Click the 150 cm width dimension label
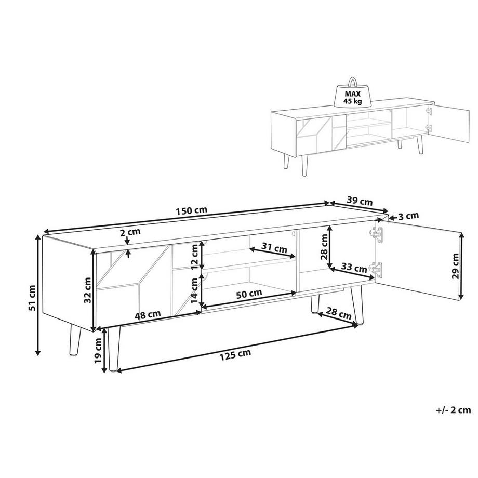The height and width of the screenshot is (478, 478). tap(191, 210)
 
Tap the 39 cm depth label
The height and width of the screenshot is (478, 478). tap(360, 202)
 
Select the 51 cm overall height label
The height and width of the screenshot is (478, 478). tap(32, 298)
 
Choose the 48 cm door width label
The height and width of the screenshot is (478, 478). tap(148, 315)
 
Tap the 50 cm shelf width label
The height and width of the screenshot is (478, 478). tap(249, 294)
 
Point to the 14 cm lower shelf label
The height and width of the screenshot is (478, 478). tap(194, 291)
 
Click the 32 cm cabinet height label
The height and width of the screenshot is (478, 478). tap(88, 290)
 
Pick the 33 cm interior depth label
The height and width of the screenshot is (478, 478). tap(354, 268)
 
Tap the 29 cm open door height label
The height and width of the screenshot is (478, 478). tap(456, 266)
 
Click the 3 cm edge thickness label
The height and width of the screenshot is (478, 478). tap(408, 216)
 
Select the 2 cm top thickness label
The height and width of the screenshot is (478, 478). tap(130, 232)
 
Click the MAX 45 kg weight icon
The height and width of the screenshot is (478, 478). tap(352, 93)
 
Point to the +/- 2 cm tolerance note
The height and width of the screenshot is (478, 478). tap(454, 410)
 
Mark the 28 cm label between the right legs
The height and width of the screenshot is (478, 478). tap(339, 313)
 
